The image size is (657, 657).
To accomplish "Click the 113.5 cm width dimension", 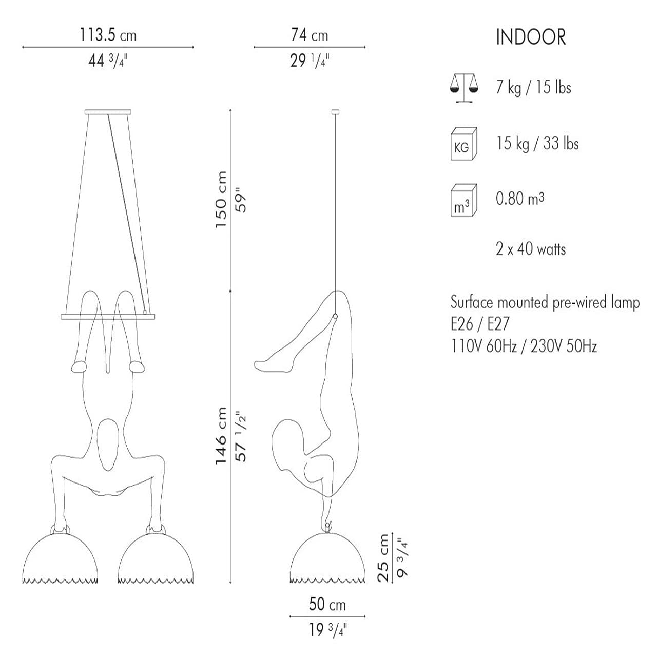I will click(x=108, y=35).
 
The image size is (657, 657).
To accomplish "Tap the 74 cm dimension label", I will click(x=309, y=35).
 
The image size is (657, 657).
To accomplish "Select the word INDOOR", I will click(x=531, y=37).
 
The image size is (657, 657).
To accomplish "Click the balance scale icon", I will click(x=463, y=87).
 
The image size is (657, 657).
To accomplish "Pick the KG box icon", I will click(x=463, y=144).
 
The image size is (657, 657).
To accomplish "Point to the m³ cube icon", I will click(x=463, y=201).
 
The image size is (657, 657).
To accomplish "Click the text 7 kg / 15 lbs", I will click(x=533, y=87).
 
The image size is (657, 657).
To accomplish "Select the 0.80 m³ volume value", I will click(x=520, y=198).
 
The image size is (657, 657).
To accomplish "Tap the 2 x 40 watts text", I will click(x=531, y=249).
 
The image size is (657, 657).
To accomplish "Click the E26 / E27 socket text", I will click(x=480, y=324).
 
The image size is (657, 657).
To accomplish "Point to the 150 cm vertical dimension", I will click(x=221, y=200).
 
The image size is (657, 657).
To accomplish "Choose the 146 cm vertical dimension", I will click(x=221, y=436).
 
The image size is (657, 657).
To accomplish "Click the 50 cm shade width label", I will click(x=327, y=604).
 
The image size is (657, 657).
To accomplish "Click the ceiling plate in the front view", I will click(x=108, y=112).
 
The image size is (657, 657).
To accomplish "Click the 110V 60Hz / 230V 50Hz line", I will click(x=524, y=346).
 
